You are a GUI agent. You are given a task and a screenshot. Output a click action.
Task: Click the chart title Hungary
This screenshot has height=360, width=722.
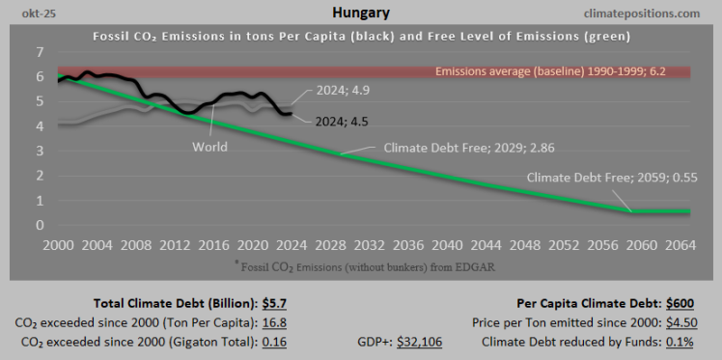coord(360,14)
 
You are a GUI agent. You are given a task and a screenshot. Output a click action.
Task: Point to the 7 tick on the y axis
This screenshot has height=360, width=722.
coord(39,51)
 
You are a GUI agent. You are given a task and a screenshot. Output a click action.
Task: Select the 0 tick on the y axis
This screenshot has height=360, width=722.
coord(39,226)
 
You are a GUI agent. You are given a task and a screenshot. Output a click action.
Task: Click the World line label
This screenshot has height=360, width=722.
coord(209,147)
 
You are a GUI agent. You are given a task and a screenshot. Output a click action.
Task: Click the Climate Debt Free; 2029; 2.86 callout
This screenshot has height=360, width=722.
coord(469,148)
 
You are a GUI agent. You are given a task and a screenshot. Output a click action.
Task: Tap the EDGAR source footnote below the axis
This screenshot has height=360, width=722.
coord(361,265)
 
